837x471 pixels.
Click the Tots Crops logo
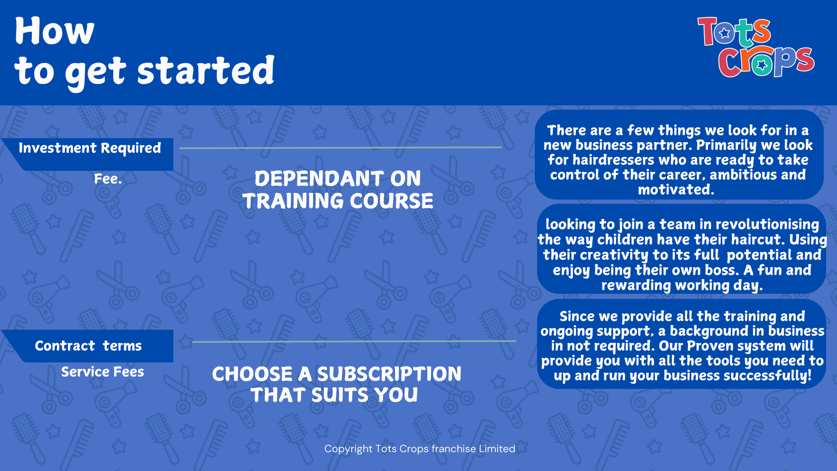pyautogui.click(x=755, y=47)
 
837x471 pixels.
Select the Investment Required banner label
pyautogui.click(x=89, y=148)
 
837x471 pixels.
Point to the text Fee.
pyautogui.click(x=108, y=179)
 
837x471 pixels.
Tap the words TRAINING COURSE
pyautogui.click(x=338, y=201)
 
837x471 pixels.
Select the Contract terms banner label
pyautogui.click(x=88, y=346)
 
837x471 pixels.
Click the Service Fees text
pyautogui.click(x=102, y=372)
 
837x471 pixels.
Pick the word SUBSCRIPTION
pyautogui.click(x=389, y=374)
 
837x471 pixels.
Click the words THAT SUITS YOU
pyautogui.click(x=334, y=395)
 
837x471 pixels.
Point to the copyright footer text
pyautogui.click(x=419, y=449)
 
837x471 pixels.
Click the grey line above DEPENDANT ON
pyautogui.click(x=340, y=148)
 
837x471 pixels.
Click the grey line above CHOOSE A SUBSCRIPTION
pyautogui.click(x=354, y=341)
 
